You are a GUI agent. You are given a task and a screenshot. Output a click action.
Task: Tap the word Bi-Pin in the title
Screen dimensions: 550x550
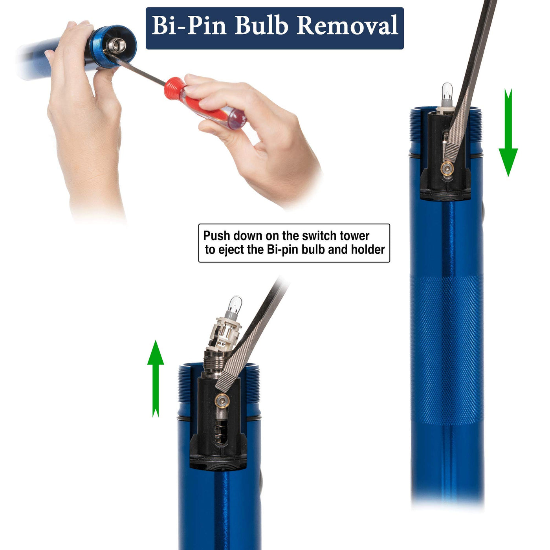(x=189, y=26)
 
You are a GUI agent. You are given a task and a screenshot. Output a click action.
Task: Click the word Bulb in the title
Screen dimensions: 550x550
(x=261, y=26)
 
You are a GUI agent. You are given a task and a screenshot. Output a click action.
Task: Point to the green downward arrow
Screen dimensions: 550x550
(x=508, y=132)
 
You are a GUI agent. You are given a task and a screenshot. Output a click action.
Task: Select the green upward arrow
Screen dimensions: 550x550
(x=156, y=379)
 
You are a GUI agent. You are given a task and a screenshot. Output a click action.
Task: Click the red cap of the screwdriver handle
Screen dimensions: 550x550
(x=174, y=88)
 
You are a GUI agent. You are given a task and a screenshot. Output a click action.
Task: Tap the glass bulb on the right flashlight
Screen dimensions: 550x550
(x=447, y=91)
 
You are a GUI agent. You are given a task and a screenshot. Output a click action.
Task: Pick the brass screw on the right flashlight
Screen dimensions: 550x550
(x=447, y=169)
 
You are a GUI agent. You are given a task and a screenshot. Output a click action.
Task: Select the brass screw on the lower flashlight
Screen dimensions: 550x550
(x=222, y=400)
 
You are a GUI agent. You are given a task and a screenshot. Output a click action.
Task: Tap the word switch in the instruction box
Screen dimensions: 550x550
(x=316, y=236)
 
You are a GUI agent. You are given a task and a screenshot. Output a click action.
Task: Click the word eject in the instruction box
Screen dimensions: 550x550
(x=231, y=250)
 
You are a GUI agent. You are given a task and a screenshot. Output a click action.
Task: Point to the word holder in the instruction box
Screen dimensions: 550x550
(x=368, y=250)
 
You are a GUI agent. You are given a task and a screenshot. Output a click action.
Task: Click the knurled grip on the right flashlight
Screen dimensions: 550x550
(x=447, y=350)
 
